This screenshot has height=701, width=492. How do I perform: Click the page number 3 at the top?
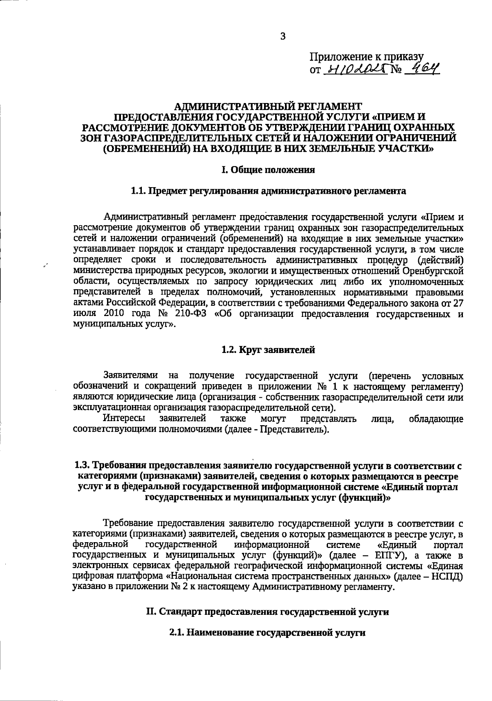(x=282, y=36)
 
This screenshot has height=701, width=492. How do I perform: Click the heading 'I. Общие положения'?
(x=268, y=170)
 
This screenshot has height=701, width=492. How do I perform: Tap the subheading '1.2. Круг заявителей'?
(x=268, y=350)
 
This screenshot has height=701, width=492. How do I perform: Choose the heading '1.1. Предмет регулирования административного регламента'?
(x=268, y=191)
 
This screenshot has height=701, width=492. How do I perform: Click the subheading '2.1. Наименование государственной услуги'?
(x=267, y=633)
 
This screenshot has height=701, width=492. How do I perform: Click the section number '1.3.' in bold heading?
(x=83, y=466)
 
